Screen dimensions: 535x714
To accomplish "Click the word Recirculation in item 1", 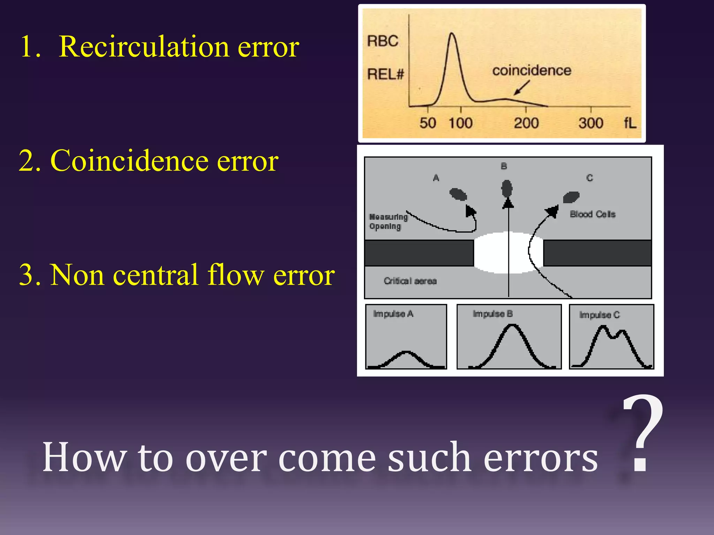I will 144,47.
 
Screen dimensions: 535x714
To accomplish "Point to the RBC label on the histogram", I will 382,41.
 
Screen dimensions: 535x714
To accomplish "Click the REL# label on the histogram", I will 385,74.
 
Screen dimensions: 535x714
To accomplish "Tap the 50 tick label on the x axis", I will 427,123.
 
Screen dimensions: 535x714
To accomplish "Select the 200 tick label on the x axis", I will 526,123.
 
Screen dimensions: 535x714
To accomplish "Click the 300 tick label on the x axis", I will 591,123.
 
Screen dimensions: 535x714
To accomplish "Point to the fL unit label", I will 630,123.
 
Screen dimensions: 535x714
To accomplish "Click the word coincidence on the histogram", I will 532,71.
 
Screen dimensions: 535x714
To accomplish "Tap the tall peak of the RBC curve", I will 452,34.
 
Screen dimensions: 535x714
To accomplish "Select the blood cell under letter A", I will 458,194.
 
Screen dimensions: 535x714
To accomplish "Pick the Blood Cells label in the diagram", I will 592,214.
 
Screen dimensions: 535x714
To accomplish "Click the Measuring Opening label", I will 388,222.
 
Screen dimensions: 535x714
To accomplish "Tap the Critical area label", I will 410,281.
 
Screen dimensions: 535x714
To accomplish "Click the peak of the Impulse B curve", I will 511,326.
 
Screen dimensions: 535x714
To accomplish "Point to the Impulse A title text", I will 393,314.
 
